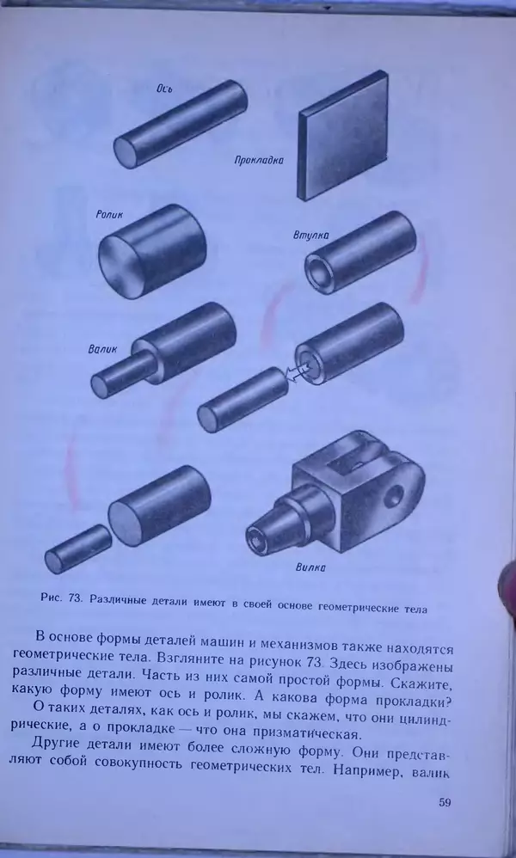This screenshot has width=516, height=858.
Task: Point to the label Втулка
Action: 310,235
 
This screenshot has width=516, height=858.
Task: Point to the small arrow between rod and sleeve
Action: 296,372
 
